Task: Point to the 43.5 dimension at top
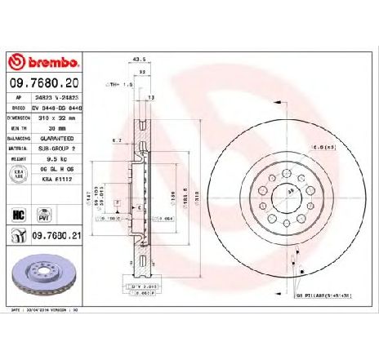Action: tap(138, 59)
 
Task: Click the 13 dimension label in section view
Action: tap(152, 97)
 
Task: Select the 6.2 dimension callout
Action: tap(118, 142)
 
